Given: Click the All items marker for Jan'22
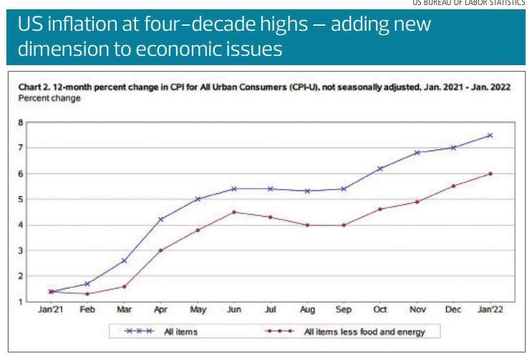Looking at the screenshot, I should (490, 135).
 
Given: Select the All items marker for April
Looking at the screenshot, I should (160, 219).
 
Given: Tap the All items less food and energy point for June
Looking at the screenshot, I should (233, 212).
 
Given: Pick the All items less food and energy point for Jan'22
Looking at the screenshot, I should (490, 173).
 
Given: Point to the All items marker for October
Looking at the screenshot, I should (380, 168).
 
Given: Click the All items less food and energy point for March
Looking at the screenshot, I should (124, 286).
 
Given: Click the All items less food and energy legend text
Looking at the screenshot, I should (372, 331).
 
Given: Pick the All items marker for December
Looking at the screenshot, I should (453, 147).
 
